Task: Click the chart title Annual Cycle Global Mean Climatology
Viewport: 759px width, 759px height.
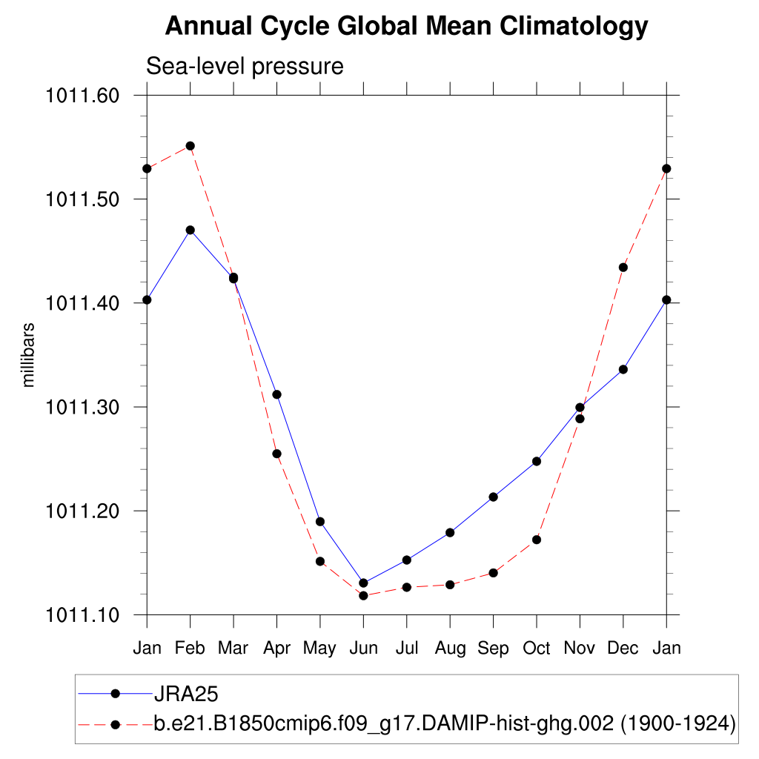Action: pos(406,27)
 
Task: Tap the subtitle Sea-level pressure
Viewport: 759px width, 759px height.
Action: pos(245,66)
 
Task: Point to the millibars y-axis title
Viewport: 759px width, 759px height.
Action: pos(29,354)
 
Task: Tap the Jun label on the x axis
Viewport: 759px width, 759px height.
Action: pos(363,649)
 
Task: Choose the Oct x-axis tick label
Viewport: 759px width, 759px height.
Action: pos(537,649)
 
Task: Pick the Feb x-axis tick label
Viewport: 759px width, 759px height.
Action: pos(190,649)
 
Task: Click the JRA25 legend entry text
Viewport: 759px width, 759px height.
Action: pos(185,694)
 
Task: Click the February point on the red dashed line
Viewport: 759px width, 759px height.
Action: pos(190,146)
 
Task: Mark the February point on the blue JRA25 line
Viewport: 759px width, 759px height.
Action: pos(190,230)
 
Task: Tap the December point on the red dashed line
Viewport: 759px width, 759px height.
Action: pos(623,268)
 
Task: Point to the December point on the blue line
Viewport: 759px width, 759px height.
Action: pos(623,369)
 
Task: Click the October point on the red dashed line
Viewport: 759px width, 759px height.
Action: pos(537,540)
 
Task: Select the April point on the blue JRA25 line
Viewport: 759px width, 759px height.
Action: pos(276,394)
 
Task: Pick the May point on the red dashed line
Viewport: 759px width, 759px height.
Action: pos(320,561)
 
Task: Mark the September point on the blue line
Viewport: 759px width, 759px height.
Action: pos(493,497)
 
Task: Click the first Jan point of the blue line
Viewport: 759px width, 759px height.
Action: pos(147,299)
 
